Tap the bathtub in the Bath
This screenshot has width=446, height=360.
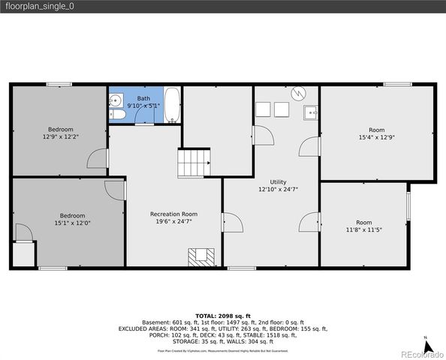[172, 106]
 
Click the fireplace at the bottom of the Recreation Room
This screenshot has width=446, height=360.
[201, 256]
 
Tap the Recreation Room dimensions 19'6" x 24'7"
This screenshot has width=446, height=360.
[173, 221]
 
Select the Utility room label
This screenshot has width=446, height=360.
[278, 182]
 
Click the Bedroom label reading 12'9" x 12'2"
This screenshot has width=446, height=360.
[61, 132]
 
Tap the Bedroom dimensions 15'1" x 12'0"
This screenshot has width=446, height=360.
[72, 222]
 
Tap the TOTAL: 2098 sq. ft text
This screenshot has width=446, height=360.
[222, 316]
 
